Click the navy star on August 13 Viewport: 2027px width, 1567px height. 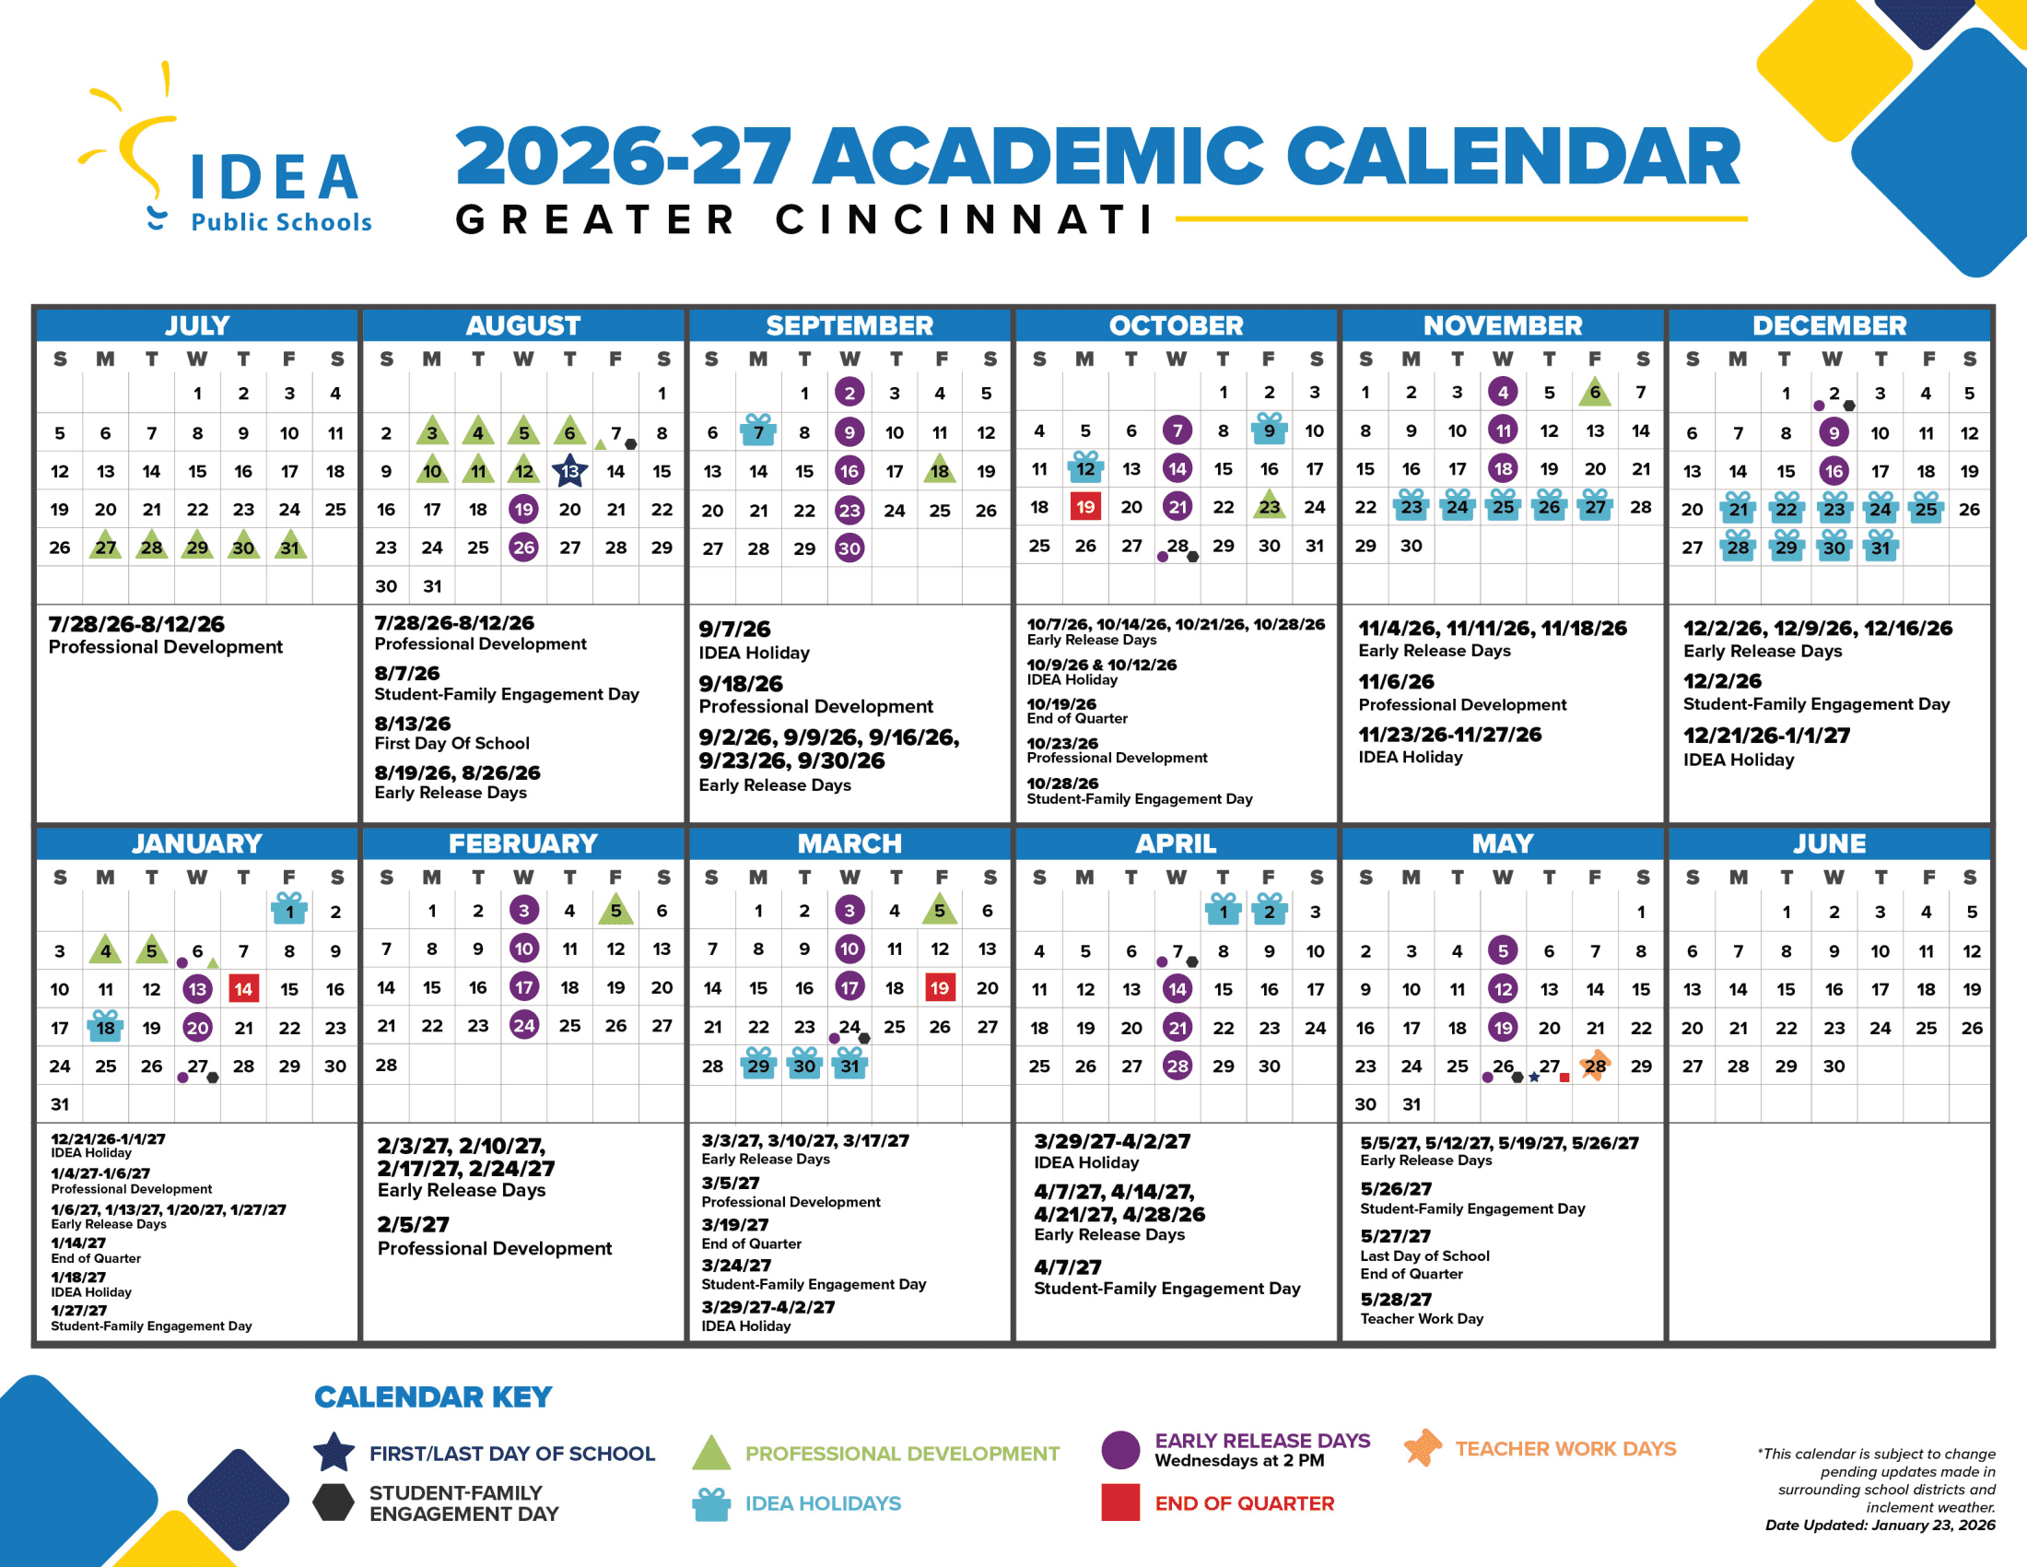pos(568,471)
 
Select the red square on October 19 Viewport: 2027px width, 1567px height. pos(1085,507)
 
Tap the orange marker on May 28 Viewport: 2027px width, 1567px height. pos(1595,1065)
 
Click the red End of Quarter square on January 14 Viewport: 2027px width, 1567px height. pos(243,989)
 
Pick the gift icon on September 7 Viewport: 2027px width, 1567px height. pos(758,430)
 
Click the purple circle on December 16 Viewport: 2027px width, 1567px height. pos(1833,471)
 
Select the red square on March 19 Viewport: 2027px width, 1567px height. pos(939,988)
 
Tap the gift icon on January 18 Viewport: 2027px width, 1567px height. pos(106,1027)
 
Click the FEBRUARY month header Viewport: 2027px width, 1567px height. pos(523,842)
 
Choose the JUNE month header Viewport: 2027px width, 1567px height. pos(1829,842)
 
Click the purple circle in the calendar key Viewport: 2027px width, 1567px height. pos(1120,1450)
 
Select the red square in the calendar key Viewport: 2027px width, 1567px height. pos(1120,1502)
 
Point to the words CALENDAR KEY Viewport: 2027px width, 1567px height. pos(433,1397)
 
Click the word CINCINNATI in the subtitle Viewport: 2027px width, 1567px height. pos(966,220)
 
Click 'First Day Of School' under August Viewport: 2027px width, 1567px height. pos(452,744)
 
